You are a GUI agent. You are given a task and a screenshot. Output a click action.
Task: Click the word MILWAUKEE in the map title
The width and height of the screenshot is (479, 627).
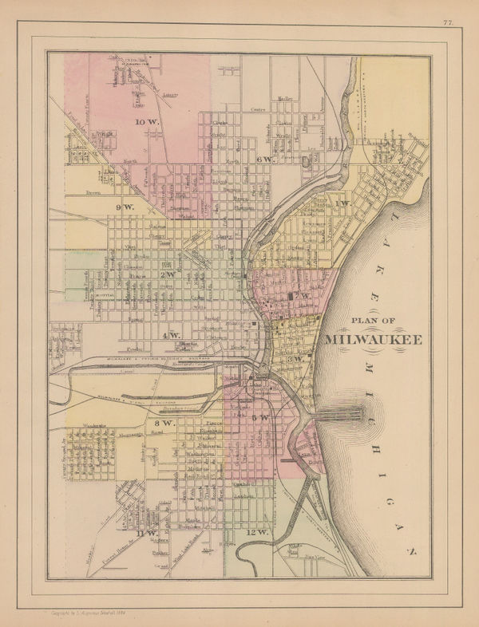point(375,338)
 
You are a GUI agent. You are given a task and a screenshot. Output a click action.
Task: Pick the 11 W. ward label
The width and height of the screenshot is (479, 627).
point(147,532)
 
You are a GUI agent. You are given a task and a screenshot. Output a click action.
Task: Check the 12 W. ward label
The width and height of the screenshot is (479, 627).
point(257,531)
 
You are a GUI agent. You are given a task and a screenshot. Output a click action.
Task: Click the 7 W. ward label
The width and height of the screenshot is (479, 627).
point(301,296)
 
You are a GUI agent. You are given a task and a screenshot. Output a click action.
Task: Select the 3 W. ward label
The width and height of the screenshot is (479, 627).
point(297,357)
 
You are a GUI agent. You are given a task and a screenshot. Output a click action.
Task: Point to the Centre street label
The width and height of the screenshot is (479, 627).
point(257,109)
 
